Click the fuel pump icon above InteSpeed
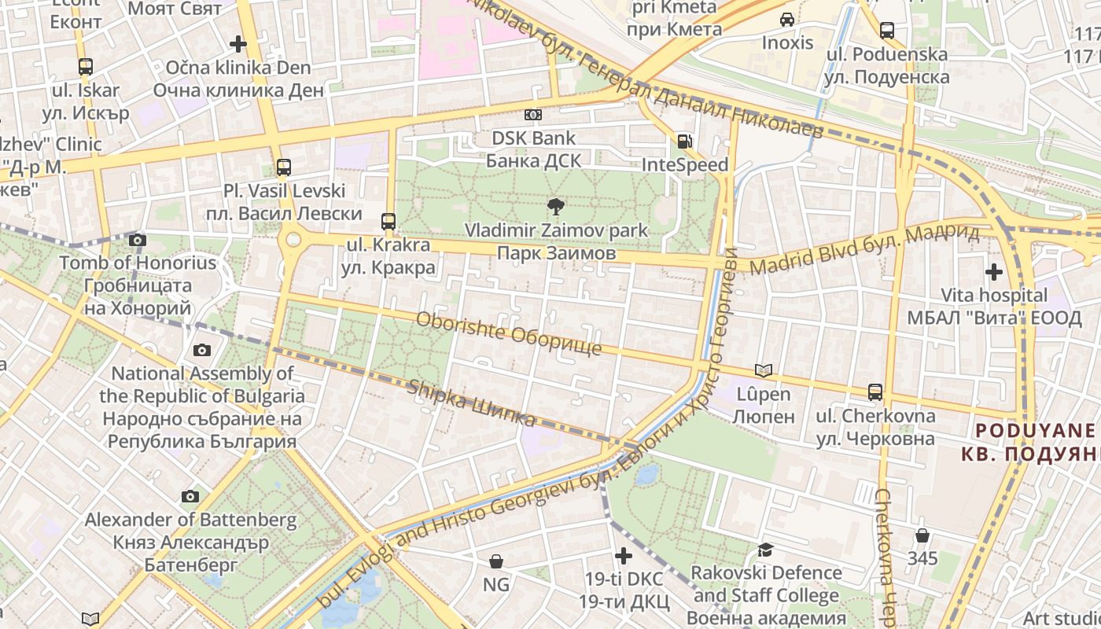coord(685,142)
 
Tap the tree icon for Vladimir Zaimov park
coord(556,207)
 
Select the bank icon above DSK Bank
coord(533,115)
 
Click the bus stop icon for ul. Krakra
coord(388,221)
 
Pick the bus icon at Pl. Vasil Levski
coord(283,167)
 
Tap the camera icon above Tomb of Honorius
coord(138,240)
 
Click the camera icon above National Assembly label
coord(202,350)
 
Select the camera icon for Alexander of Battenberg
coord(190,496)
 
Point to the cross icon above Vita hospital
coord(994,272)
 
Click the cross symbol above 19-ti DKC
coord(623,556)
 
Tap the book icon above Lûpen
coord(763,370)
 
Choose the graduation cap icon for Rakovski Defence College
coord(764,550)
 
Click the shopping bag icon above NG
coord(495,561)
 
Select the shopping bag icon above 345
coord(922,535)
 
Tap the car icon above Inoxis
coord(786,19)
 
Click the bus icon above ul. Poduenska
coord(886,31)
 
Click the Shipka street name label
coord(471,403)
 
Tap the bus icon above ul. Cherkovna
coord(875,392)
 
